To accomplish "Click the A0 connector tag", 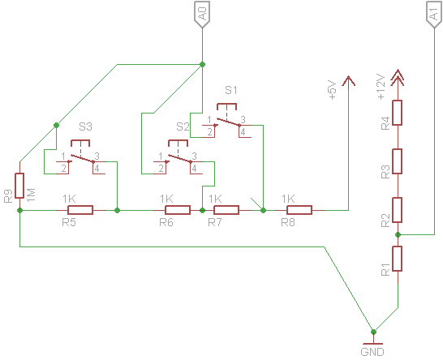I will click(202, 14).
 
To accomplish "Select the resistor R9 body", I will click(19, 186).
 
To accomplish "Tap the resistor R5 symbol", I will click(80, 210).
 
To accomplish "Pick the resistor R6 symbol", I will click(170, 210).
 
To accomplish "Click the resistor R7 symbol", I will click(226, 210).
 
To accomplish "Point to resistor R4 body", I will click(398, 112).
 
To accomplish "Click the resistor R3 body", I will click(398, 161).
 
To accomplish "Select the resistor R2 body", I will click(398, 209).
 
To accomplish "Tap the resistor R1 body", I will click(398, 259).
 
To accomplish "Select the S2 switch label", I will click(183, 126).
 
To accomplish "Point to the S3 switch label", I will click(85, 126).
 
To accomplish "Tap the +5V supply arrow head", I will click(349, 80).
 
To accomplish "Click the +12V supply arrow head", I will click(398, 77).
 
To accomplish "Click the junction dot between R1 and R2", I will click(398, 234).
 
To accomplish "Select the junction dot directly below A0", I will click(202, 63).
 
